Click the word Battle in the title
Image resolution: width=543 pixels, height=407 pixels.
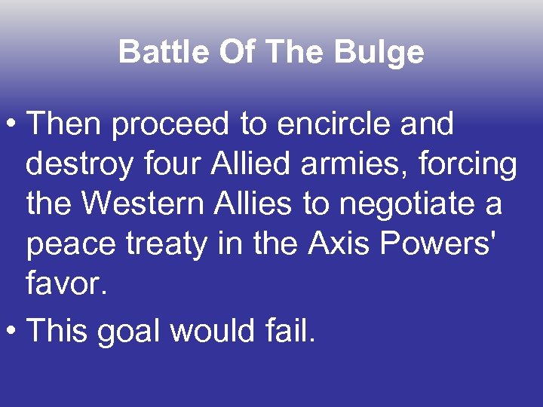point(159,53)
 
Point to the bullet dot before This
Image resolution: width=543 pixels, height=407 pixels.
point(12,331)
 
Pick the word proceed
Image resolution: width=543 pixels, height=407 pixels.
point(172,125)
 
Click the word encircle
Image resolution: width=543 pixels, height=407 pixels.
point(330,125)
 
